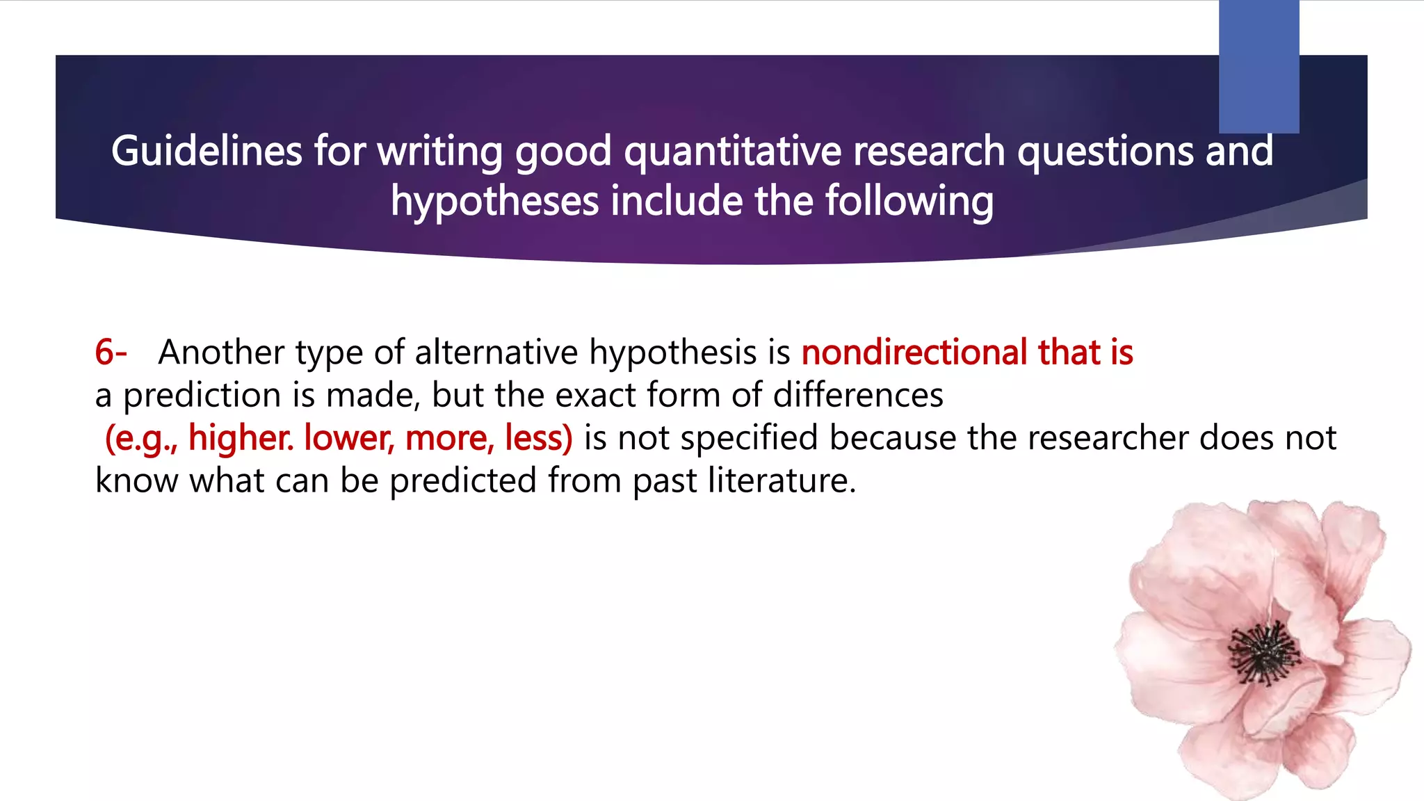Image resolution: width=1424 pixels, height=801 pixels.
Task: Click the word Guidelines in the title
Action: (x=207, y=151)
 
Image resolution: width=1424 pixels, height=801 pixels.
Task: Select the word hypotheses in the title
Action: (x=494, y=201)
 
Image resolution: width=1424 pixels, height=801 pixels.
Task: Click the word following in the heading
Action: (x=909, y=201)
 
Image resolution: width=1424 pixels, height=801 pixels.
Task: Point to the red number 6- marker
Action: (x=111, y=352)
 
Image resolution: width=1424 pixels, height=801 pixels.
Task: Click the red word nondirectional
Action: (x=914, y=352)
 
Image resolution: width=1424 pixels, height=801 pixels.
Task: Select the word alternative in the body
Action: (x=496, y=352)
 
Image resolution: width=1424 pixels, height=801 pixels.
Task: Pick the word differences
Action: (x=858, y=395)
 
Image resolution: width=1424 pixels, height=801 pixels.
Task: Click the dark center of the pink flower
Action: (x=1263, y=654)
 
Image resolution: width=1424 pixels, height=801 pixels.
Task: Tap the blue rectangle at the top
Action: (x=1259, y=66)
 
